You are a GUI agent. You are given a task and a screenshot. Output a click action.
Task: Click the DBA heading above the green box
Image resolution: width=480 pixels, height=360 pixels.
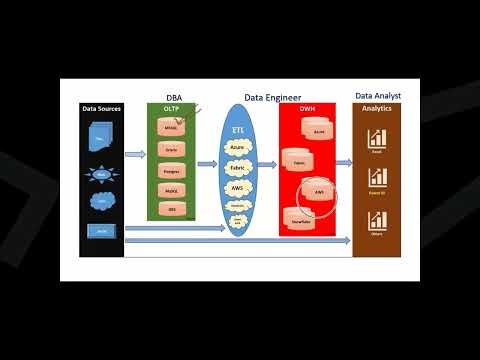pyautogui.click(x=174, y=99)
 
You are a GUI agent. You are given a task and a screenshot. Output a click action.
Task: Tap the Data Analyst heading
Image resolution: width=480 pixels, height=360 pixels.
pyautogui.click(x=379, y=95)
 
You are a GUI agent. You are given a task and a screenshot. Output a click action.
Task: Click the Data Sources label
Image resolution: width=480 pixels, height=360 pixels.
pyautogui.click(x=102, y=108)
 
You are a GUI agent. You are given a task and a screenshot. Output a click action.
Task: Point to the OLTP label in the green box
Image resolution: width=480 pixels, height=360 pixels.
pyautogui.click(x=173, y=109)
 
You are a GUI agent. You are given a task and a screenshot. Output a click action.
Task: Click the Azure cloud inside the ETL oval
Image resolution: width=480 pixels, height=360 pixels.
pyautogui.click(x=237, y=147)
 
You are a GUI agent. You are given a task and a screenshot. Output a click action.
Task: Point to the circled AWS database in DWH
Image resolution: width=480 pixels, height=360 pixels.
pyautogui.click(x=319, y=191)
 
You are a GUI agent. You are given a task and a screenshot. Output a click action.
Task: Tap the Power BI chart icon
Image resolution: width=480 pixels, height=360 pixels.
pyautogui.click(x=377, y=178)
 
